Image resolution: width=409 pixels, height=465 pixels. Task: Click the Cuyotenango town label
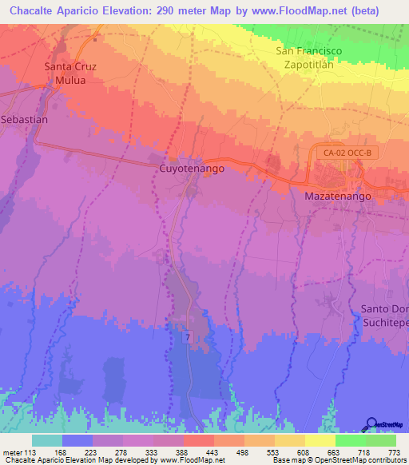(x=192, y=169)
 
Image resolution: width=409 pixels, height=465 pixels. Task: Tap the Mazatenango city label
(x=340, y=195)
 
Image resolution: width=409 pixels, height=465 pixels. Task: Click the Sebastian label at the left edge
(x=24, y=119)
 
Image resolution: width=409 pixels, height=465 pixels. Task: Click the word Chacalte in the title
(x=30, y=11)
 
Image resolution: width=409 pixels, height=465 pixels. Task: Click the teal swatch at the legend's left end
(x=47, y=440)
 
